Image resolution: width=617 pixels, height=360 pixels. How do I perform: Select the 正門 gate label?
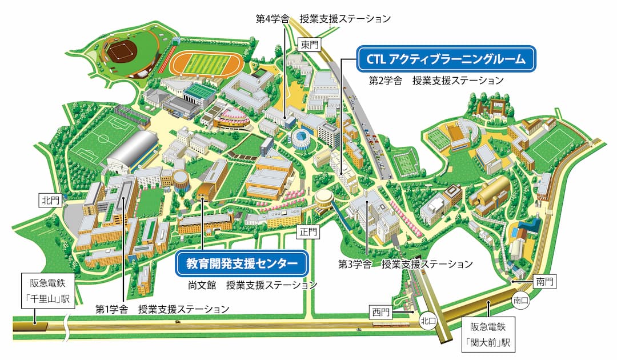(x=308, y=232)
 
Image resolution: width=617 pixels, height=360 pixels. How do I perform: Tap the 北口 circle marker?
(x=427, y=321)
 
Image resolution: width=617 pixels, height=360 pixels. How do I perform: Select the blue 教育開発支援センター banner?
(x=242, y=263)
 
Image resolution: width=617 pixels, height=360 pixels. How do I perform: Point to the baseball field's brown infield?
(x=121, y=53)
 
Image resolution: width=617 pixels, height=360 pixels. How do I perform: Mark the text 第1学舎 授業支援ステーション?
(x=162, y=309)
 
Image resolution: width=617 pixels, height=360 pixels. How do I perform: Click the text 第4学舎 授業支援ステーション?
(x=323, y=19)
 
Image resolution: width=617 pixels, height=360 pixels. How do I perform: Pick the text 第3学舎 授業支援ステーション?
(x=406, y=264)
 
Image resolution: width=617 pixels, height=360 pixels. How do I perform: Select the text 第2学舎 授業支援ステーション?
(x=436, y=80)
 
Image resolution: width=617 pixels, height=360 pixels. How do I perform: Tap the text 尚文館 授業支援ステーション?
(x=253, y=284)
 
